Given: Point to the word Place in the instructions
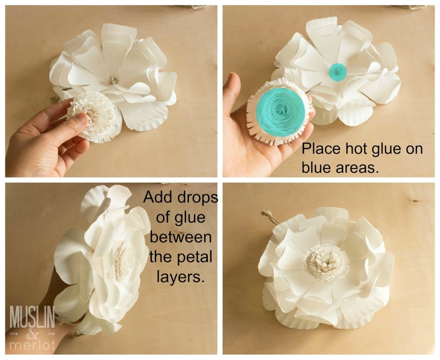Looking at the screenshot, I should (x=322, y=149).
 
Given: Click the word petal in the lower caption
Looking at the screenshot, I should (x=195, y=257).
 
